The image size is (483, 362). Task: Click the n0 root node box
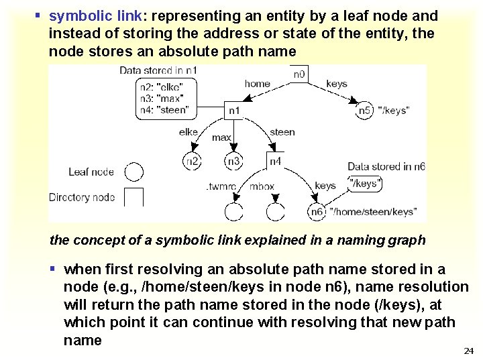click(x=300, y=73)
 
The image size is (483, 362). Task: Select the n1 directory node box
click(x=233, y=109)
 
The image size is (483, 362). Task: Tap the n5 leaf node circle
click(x=364, y=109)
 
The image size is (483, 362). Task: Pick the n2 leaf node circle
click(x=192, y=161)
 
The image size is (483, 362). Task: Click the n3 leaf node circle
click(x=233, y=161)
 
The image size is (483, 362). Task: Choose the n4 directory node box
click(x=275, y=161)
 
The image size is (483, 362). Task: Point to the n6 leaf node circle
click(x=317, y=212)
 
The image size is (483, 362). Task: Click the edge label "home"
click(x=257, y=84)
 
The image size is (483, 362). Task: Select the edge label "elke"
click(x=189, y=132)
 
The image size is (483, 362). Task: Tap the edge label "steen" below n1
click(x=282, y=132)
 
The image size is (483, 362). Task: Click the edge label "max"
click(x=221, y=138)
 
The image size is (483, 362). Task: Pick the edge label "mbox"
click(x=262, y=186)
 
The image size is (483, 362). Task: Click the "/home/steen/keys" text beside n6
click(x=373, y=212)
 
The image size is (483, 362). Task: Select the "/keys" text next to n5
click(x=394, y=110)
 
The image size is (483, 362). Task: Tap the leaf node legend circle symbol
click(x=134, y=172)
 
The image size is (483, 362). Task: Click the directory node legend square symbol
click(x=134, y=197)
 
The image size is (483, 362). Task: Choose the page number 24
click(x=468, y=351)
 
